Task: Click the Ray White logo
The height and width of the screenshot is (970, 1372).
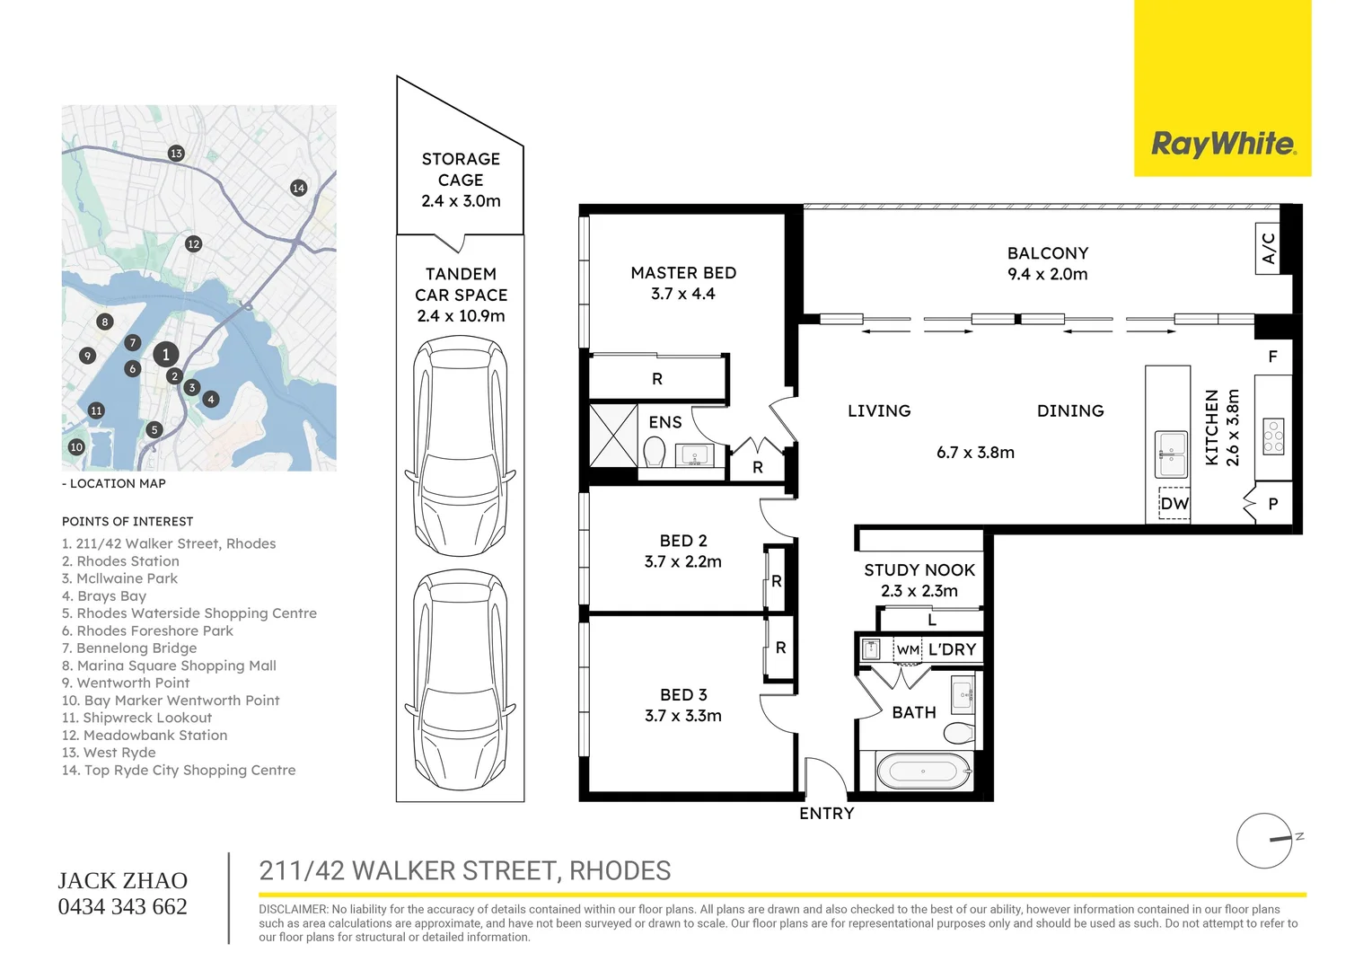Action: click(1223, 144)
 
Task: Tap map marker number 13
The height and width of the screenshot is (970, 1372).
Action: click(176, 154)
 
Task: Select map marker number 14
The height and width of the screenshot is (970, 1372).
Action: click(298, 188)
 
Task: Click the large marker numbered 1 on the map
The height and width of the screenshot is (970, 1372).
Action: click(165, 355)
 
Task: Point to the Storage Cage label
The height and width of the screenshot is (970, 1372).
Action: click(461, 180)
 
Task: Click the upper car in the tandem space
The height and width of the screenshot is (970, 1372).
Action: click(460, 446)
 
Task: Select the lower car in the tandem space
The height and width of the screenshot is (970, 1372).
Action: click(460, 680)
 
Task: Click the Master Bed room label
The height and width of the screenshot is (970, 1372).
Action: click(683, 283)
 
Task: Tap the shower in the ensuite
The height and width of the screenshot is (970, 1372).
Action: click(613, 436)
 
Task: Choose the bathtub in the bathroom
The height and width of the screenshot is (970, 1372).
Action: click(923, 771)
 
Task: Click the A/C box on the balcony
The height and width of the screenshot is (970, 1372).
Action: click(1267, 248)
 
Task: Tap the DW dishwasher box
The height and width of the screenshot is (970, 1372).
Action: click(1174, 504)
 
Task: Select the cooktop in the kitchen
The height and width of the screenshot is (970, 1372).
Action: click(1273, 436)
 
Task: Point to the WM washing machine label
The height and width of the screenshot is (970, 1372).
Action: click(908, 650)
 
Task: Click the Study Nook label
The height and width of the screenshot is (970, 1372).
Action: click(919, 580)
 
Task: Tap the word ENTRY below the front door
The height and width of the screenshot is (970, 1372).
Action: click(826, 814)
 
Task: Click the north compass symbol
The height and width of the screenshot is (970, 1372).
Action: click(1264, 841)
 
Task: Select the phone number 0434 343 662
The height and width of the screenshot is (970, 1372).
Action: click(123, 907)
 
